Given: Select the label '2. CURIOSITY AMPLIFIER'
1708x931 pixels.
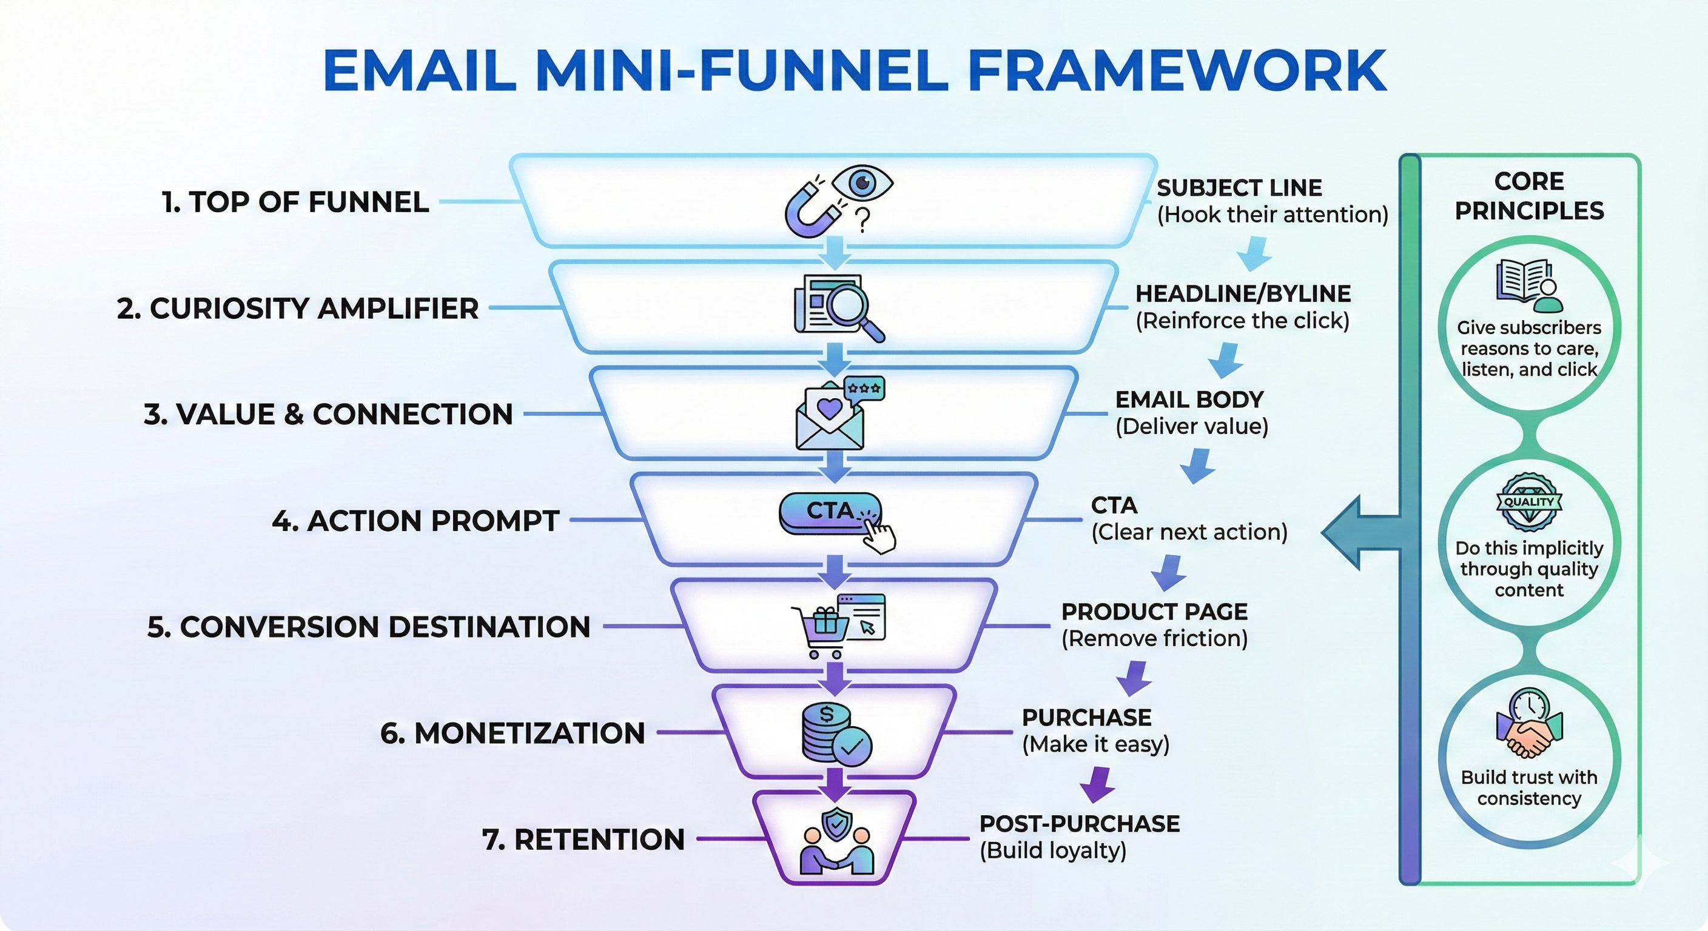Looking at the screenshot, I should pyautogui.click(x=298, y=309).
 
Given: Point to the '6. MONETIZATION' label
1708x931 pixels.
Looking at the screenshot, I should pyautogui.click(x=513, y=733).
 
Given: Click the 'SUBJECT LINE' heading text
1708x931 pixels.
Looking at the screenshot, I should pyautogui.click(x=1239, y=188).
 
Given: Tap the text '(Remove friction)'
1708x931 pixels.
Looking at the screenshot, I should pyautogui.click(x=1154, y=639).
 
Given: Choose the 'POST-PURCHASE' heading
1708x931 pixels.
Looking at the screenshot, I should pyautogui.click(x=1080, y=824).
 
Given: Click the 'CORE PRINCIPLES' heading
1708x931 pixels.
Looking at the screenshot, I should pyautogui.click(x=1529, y=196).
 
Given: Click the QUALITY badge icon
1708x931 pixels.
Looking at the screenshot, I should pyautogui.click(x=1529, y=502).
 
